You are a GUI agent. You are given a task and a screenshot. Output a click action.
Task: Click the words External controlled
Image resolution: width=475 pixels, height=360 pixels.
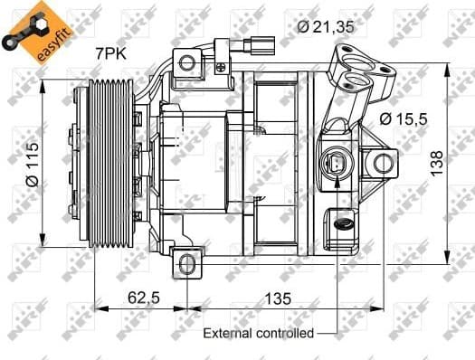point(257,333)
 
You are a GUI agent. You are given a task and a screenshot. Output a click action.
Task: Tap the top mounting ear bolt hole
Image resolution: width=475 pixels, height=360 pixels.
point(186,62)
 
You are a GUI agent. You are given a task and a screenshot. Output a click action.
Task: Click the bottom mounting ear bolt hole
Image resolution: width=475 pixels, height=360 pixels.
point(186,263)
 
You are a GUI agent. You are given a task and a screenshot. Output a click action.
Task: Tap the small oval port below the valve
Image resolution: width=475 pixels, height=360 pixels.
point(344,220)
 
